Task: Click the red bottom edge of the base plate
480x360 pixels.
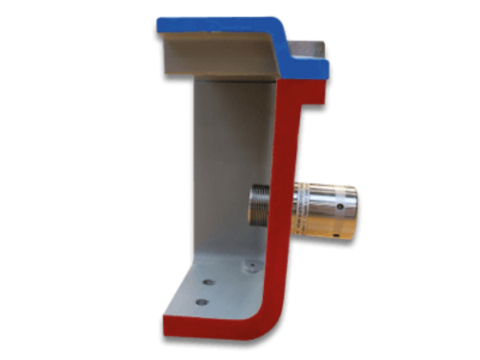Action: point(208,328)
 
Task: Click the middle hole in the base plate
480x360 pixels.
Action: point(210,282)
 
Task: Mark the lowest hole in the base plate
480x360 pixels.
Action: point(202,302)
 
